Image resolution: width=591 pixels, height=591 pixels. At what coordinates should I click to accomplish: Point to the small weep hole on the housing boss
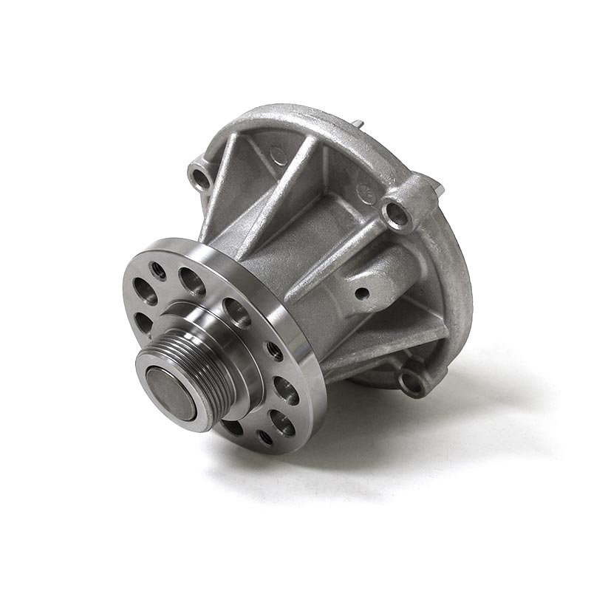coord(362,293)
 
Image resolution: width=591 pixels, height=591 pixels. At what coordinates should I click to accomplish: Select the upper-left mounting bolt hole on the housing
coord(199,177)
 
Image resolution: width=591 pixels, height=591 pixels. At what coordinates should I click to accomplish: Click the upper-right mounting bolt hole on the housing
coord(397,214)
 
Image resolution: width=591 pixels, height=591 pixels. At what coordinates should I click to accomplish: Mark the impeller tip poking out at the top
coord(357,124)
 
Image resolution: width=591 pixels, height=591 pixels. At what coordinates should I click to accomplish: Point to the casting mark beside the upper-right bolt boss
coord(364,191)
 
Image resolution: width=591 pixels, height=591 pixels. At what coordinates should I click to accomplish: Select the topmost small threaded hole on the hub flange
coord(157,269)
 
